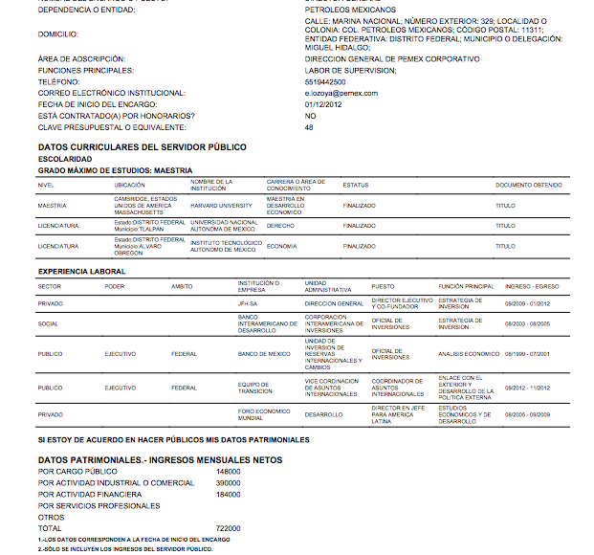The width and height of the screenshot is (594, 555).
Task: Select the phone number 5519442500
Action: (326, 82)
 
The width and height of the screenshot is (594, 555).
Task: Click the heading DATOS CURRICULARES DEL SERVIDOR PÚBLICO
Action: (142, 146)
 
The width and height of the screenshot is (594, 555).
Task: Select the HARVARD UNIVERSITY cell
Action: (221, 205)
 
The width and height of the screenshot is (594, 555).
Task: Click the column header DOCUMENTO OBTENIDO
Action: (528, 185)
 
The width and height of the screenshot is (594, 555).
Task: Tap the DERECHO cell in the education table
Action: (280, 226)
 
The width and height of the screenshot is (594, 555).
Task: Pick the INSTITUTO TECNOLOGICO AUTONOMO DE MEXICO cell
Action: (223, 246)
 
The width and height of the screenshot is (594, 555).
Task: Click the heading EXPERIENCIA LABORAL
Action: (81, 271)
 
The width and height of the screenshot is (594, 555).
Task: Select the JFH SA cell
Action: (249, 303)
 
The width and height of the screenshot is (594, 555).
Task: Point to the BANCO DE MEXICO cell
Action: (264, 354)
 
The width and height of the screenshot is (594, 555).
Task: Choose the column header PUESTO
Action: (383, 286)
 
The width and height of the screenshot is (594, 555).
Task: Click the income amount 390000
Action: (229, 483)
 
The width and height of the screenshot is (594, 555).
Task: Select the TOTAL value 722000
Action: (229, 528)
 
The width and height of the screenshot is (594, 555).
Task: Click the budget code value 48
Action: (309, 127)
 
